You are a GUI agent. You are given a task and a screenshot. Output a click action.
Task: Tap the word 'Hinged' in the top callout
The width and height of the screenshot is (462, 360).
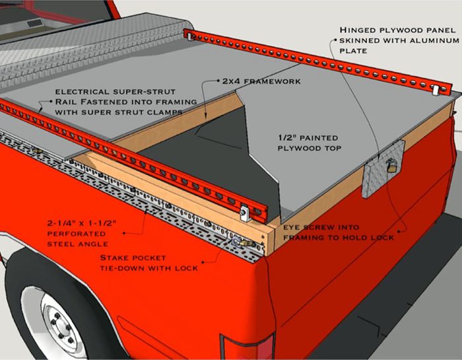coord(359,30)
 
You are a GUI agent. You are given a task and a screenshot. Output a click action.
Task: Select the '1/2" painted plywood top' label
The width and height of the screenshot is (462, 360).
coord(308,144)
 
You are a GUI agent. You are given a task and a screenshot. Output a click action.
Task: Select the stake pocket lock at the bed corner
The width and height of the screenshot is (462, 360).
coord(239,244)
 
